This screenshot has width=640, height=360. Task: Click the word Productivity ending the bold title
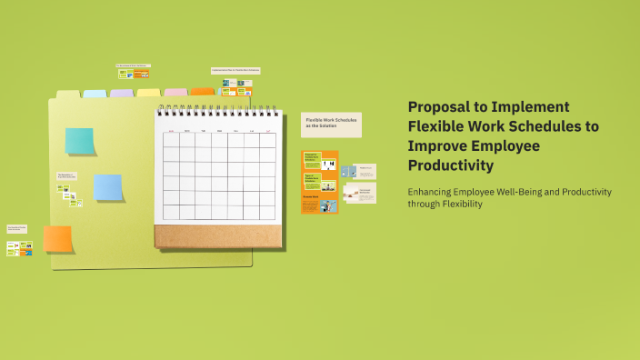click(451, 165)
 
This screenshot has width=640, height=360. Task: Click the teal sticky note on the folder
click(80, 141)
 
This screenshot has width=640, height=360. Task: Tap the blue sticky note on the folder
click(108, 186)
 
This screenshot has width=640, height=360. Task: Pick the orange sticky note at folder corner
click(57, 238)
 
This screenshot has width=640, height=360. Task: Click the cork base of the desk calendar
click(218, 236)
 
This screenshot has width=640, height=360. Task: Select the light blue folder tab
click(95, 94)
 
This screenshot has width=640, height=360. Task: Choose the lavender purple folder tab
click(122, 93)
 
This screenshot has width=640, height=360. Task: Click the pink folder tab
click(175, 92)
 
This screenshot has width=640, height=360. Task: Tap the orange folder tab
click(203, 91)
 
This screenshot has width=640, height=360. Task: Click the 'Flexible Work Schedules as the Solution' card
click(331, 125)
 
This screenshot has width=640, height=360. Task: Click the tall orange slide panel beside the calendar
click(320, 182)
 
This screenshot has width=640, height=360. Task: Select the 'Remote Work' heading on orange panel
click(310, 196)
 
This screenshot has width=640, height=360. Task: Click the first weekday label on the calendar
click(170, 132)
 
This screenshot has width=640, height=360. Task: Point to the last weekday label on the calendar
click(268, 131)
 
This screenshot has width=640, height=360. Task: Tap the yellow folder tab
click(148, 92)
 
